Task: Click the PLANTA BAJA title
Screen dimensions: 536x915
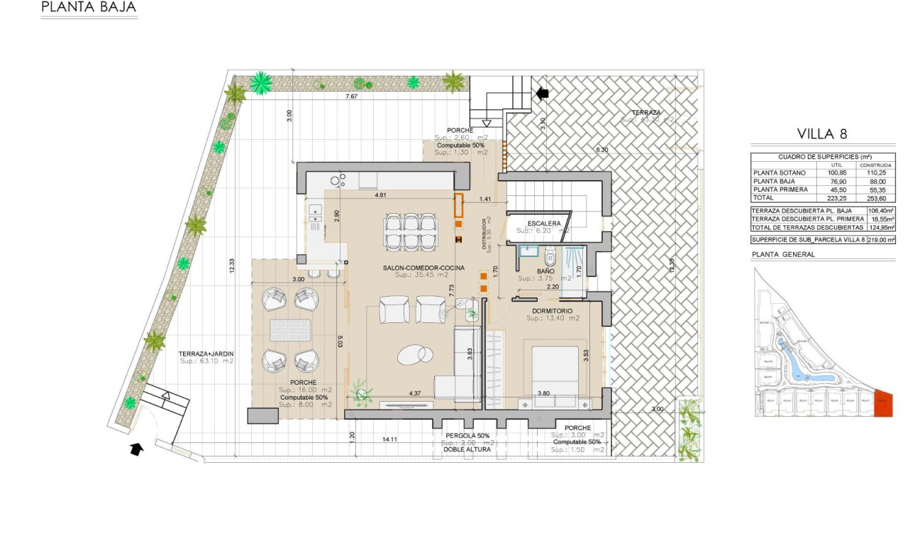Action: pos(89,8)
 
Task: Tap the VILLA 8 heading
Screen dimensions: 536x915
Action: pos(822,133)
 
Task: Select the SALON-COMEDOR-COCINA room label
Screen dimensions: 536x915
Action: pos(423,267)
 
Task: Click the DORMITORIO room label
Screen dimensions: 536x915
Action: pos(553,311)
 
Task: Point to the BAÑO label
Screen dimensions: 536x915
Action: pos(545,270)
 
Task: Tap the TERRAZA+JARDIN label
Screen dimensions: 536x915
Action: pos(206,353)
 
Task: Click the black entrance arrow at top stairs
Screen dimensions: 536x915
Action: pos(543,93)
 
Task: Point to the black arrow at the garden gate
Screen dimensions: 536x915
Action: pos(136,449)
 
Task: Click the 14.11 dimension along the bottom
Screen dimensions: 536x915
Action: pos(389,440)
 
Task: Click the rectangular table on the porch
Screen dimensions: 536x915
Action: pos(290,330)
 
